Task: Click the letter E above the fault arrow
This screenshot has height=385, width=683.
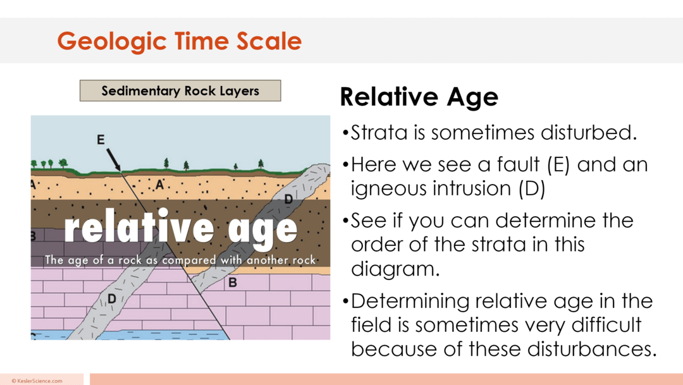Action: [101, 140]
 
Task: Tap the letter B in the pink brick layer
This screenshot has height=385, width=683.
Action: [232, 283]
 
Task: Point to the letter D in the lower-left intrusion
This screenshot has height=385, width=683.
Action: [111, 297]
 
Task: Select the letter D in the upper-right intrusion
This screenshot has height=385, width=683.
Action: [288, 199]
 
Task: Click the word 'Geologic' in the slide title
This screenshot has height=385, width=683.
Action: [112, 41]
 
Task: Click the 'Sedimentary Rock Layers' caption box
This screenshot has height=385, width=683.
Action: [180, 91]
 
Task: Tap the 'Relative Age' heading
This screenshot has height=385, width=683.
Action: [419, 97]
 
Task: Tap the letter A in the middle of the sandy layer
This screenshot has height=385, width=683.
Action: [159, 184]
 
